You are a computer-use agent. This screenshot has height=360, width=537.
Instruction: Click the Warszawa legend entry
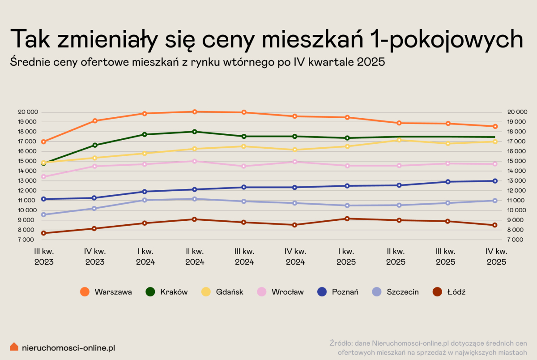[x=106, y=292]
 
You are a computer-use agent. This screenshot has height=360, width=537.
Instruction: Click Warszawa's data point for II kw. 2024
[x=194, y=111]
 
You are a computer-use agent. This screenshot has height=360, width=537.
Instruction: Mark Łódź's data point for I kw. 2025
[x=347, y=219]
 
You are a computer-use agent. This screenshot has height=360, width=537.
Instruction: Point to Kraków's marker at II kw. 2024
[x=194, y=132]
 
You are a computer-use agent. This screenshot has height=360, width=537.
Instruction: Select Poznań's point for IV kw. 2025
[x=495, y=181]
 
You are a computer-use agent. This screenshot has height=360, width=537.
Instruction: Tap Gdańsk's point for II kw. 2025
[x=398, y=140]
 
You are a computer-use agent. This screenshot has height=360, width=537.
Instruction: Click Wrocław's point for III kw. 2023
[x=43, y=176]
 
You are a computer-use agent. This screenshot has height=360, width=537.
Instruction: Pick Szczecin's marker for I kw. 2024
[x=145, y=200]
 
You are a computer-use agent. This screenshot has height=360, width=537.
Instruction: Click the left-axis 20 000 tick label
[x=27, y=112]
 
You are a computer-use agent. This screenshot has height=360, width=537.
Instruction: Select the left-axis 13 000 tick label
[x=27, y=181]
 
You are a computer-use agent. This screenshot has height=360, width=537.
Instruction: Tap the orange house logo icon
[x=14, y=347]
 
